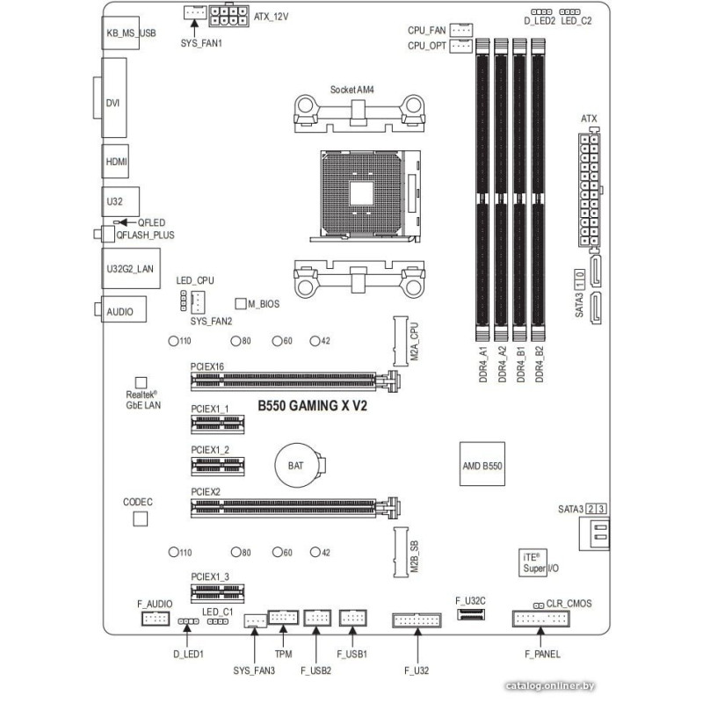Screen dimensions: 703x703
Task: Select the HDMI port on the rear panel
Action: click(116, 163)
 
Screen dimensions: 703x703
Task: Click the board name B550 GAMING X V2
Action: click(312, 408)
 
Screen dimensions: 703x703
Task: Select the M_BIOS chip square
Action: click(241, 304)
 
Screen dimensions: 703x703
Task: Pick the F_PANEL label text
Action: click(543, 654)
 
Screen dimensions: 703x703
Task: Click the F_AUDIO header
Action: click(155, 620)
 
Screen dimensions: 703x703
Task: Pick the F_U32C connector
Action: click(471, 619)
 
